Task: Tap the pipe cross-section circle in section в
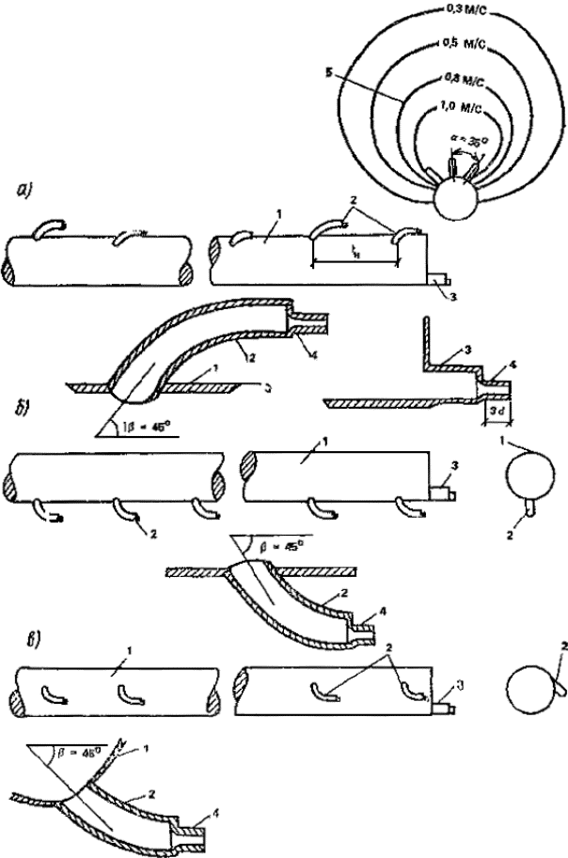(x=529, y=696)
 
